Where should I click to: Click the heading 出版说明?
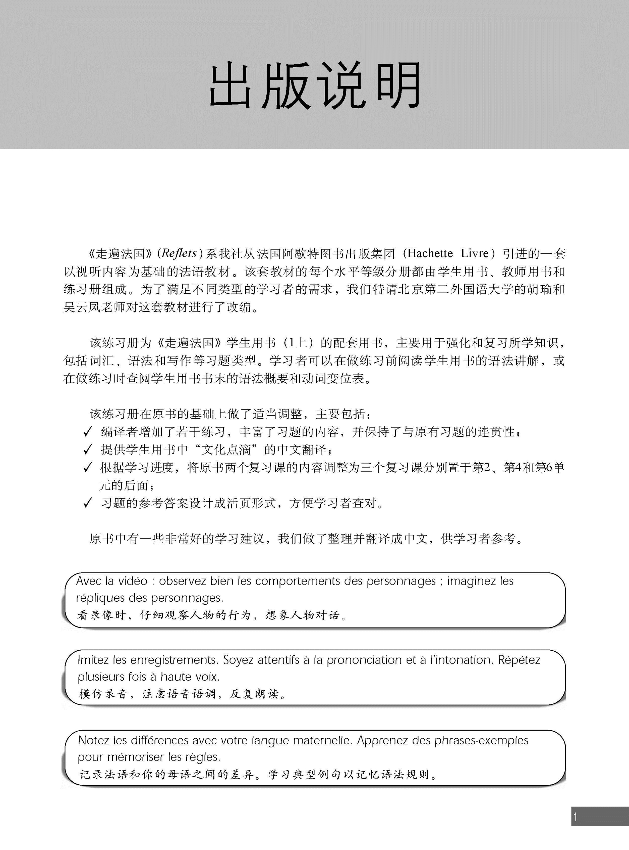tap(314, 85)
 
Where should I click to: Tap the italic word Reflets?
tap(179, 253)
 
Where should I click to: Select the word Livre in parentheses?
tap(474, 253)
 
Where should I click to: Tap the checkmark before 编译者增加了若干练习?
tap(88, 432)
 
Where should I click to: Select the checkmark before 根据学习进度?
tap(88, 467)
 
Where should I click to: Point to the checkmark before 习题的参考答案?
tap(88, 504)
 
